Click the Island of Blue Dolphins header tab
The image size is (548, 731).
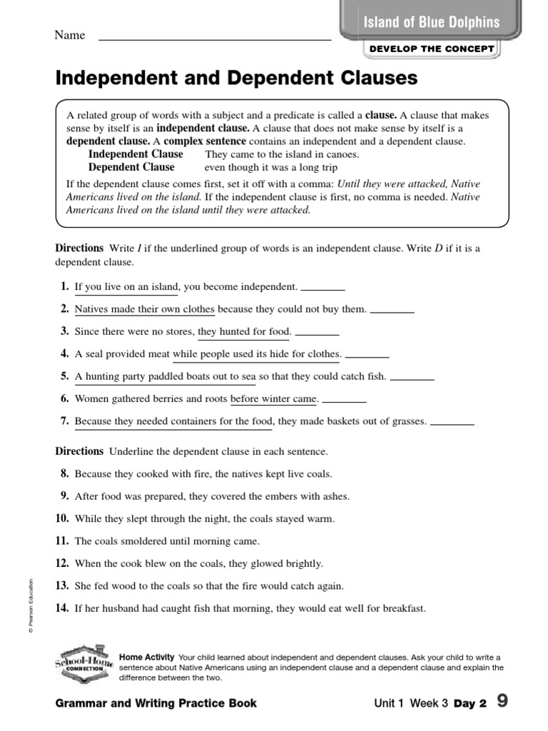432,22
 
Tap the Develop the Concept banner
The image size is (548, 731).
432,49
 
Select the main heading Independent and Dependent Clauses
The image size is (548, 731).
236,78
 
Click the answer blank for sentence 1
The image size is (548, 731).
323,289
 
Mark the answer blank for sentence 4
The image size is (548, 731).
367,356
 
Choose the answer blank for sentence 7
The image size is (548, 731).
452,423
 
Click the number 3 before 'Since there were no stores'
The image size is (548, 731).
64,331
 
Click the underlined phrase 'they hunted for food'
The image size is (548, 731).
244,331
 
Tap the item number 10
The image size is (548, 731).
62,518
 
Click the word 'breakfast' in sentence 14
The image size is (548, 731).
403,608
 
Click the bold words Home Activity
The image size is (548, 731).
147,657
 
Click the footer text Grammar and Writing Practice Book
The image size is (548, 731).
156,703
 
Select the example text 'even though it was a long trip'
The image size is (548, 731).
271,167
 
